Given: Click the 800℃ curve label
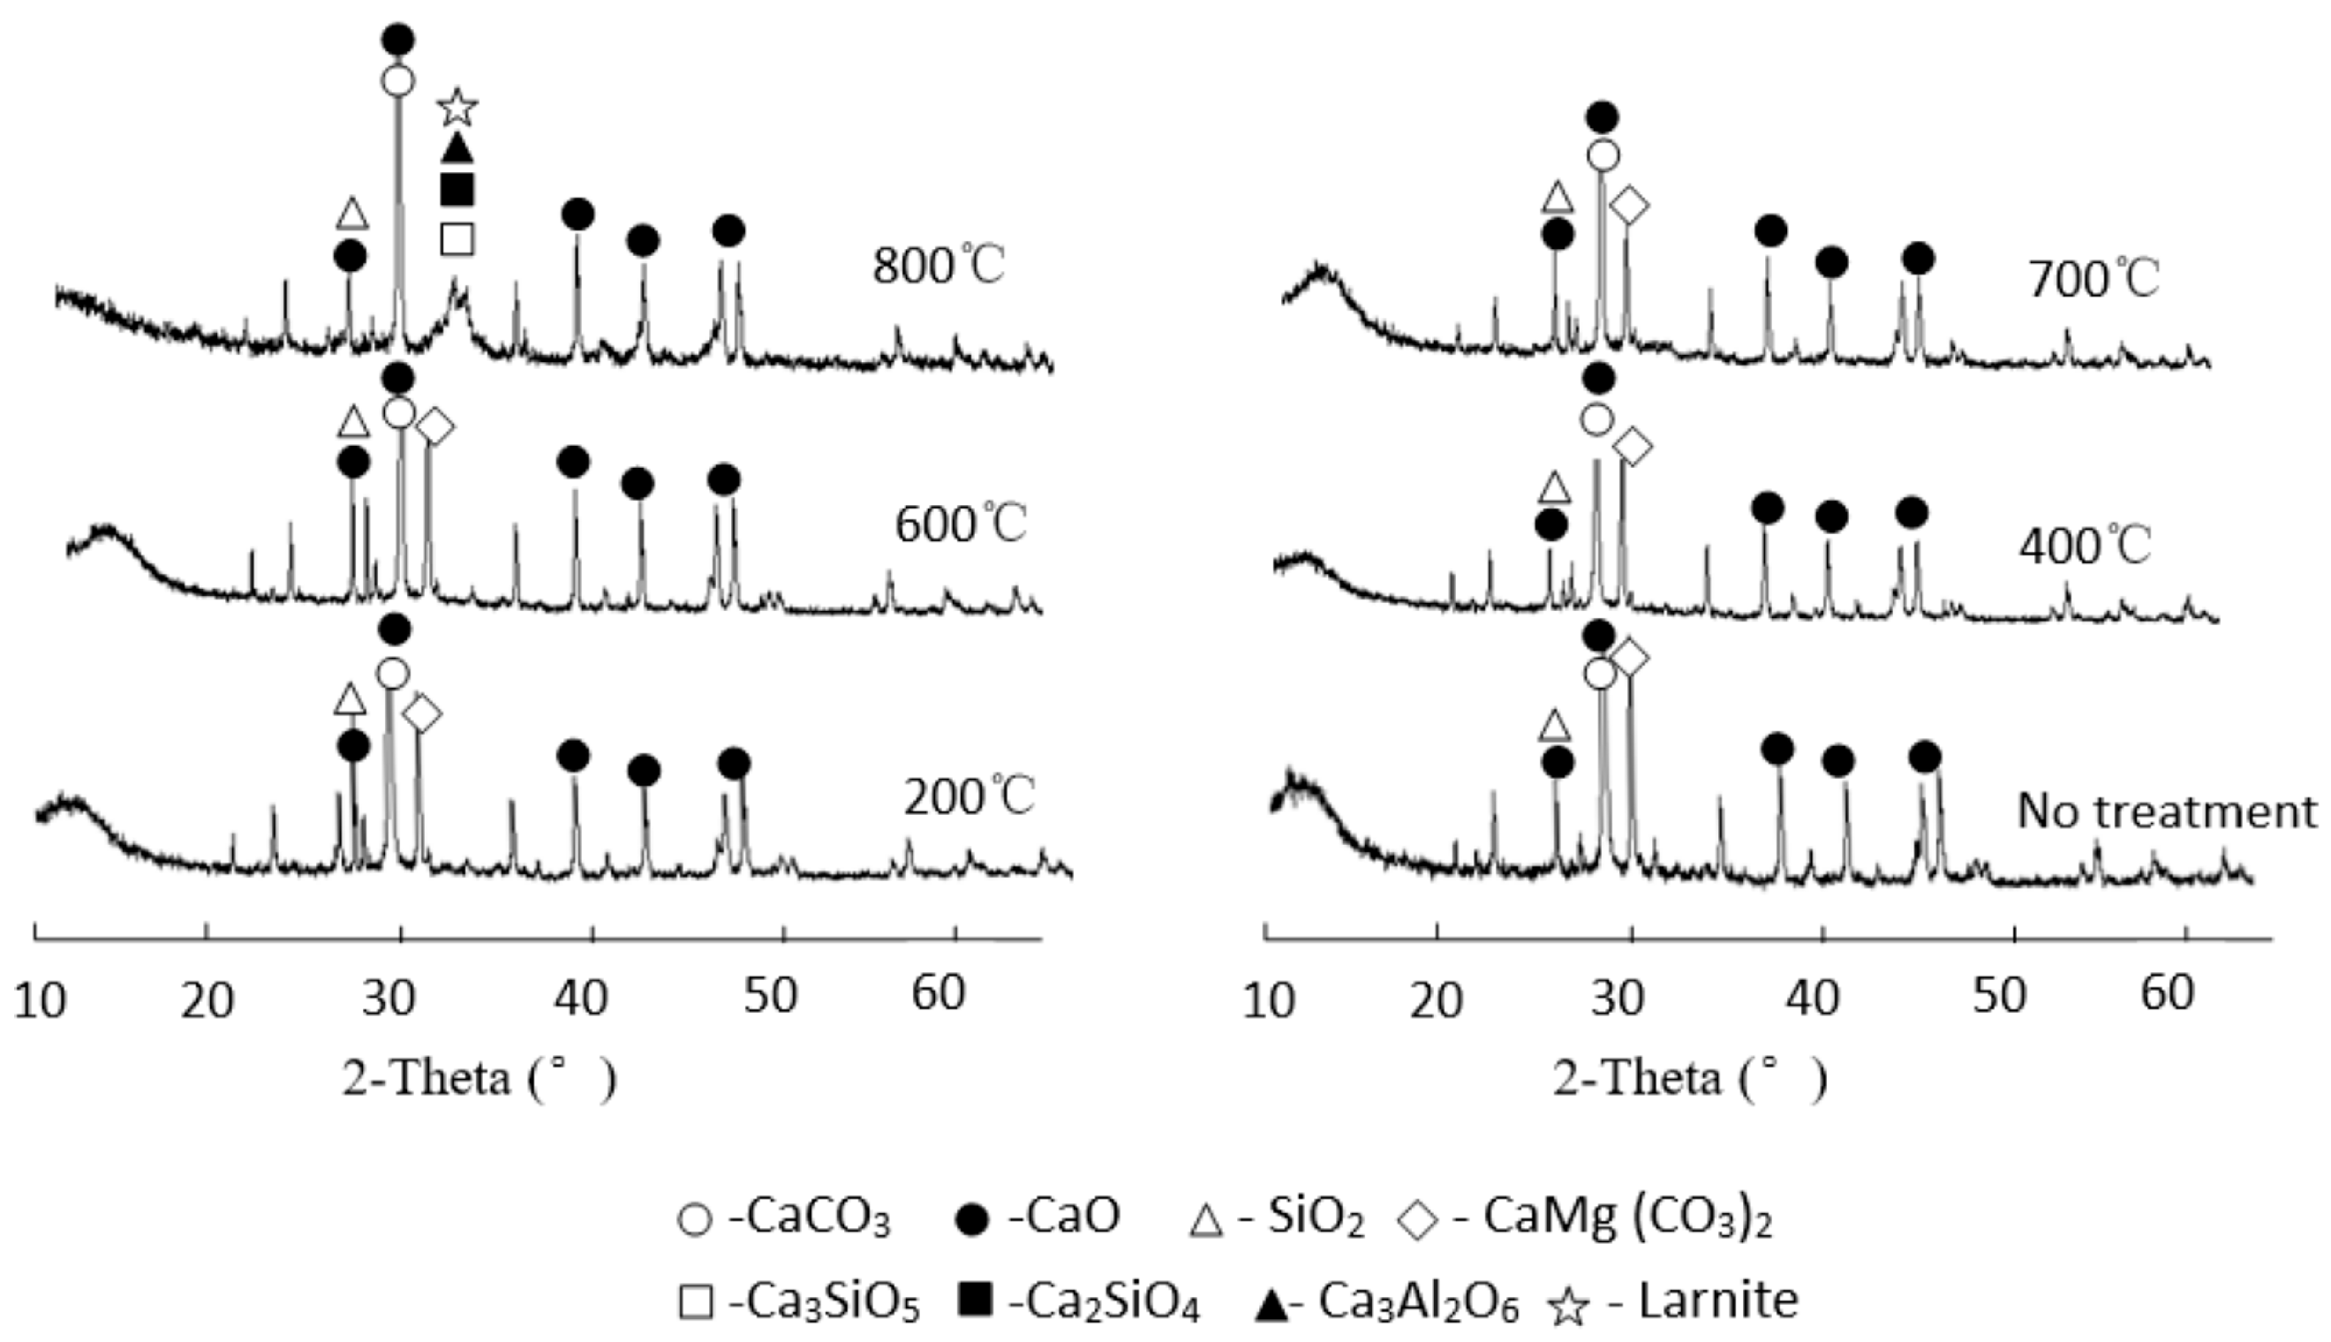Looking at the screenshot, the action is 939,267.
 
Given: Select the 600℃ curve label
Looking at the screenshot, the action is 961,524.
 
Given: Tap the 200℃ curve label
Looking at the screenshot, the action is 969,797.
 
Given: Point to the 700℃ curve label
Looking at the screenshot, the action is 2093,278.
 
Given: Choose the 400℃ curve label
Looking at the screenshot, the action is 2085,546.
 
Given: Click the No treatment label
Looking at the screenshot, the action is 2167,812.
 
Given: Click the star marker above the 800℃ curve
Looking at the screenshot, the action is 457,108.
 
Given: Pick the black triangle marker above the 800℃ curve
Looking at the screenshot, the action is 457,147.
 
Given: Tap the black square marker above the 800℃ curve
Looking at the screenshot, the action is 457,189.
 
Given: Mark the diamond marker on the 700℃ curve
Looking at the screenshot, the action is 1629,205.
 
